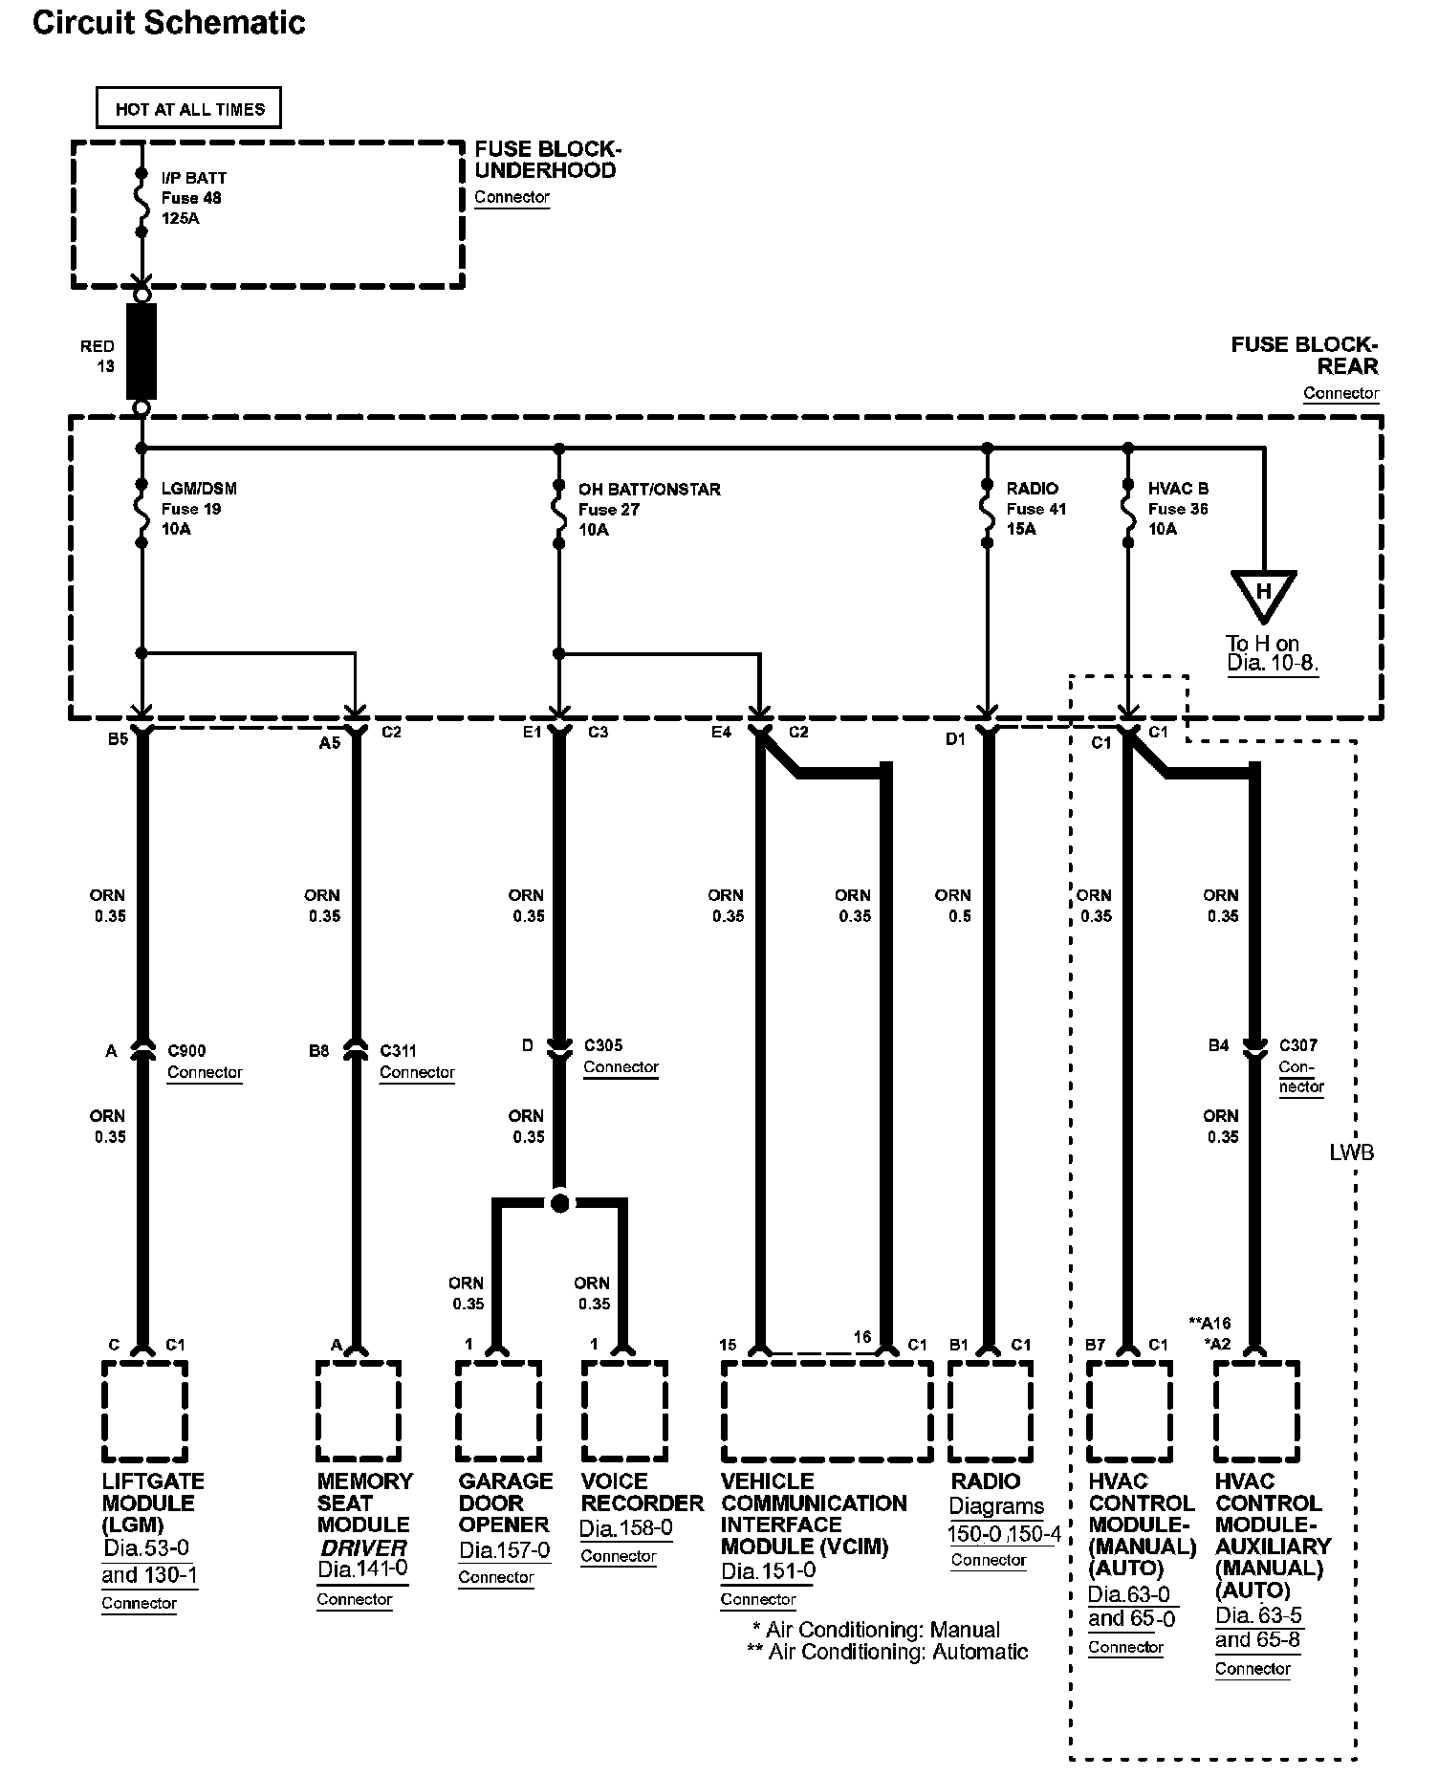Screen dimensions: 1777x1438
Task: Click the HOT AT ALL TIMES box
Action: pos(189,108)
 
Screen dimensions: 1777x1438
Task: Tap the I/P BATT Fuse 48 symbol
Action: pos(142,203)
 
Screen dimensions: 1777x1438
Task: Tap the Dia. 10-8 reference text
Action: pos(1273,663)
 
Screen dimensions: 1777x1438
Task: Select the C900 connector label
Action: pos(185,1050)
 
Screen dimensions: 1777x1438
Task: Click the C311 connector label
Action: pos(398,1050)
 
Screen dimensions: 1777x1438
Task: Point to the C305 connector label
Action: pos(602,1045)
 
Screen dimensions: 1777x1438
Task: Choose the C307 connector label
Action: pos(1298,1045)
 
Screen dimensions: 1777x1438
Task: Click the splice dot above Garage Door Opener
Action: pos(560,1202)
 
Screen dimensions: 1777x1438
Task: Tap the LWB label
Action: pos(1351,1152)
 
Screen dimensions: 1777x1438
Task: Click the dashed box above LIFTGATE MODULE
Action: pos(144,1412)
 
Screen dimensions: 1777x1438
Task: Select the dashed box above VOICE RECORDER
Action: pos(624,1412)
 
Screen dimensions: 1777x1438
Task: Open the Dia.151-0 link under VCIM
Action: pos(769,1570)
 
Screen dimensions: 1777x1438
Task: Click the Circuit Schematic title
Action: pos(169,23)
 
